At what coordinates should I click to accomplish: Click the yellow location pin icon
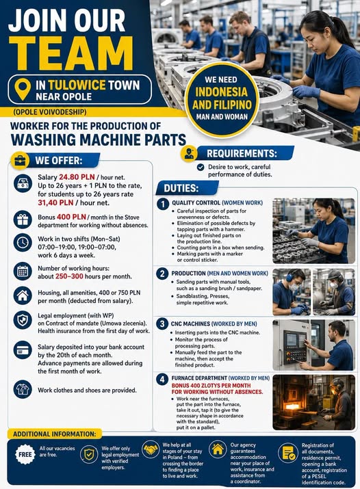pos(23,89)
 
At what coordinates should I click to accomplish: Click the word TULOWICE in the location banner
pos(77,85)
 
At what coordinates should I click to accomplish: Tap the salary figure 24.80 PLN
pos(77,177)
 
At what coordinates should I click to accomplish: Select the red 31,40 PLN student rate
pos(56,202)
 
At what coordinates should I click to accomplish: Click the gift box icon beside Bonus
pos(23,220)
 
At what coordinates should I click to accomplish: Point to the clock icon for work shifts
pos(23,243)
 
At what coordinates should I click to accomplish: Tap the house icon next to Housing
pos(23,295)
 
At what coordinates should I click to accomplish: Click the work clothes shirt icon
pos(23,389)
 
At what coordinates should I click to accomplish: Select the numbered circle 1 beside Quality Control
pos(162,204)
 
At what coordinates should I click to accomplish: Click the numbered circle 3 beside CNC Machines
pos(162,323)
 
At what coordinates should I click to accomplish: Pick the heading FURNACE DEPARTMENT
pos(199,378)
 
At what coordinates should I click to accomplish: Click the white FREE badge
pos(25,454)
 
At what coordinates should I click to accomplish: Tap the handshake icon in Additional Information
pos(151,449)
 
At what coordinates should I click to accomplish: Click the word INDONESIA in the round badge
pos(221,92)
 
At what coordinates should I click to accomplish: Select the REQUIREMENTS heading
pos(242,153)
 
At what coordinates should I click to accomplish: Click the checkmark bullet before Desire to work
pos(201,167)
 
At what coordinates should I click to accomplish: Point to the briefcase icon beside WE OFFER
pos(20,161)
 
